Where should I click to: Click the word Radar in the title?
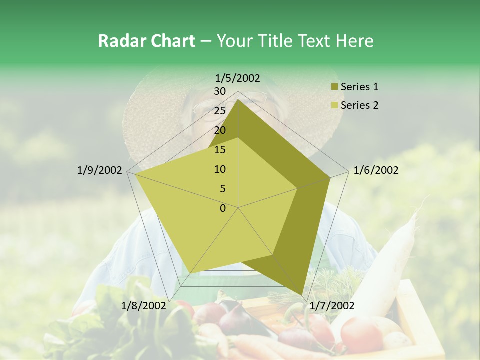[x=119, y=41]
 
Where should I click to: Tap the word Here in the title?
[x=354, y=41]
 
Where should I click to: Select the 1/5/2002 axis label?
[x=238, y=78]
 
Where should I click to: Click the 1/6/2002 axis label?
[x=376, y=171]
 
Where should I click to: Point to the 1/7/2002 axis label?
[x=332, y=306]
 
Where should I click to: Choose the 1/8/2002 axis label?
[x=143, y=306]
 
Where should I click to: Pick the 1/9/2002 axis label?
[x=100, y=171]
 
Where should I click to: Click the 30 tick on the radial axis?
[x=220, y=92]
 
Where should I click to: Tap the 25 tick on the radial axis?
[x=220, y=111]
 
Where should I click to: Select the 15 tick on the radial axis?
[x=220, y=150]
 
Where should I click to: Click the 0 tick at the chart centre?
[x=223, y=208]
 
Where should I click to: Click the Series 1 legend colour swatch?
[x=334, y=87]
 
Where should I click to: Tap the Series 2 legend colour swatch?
[x=334, y=105]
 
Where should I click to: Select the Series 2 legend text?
[x=359, y=105]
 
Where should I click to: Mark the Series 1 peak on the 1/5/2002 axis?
[x=238, y=100]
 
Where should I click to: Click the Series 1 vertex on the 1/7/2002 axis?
[x=302, y=295]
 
